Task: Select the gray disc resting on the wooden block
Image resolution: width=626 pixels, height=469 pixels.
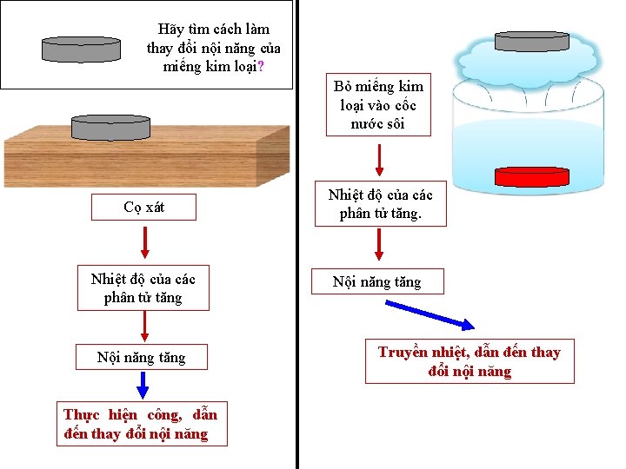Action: coord(110,128)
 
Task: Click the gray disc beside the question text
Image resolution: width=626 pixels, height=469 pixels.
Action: coord(82,50)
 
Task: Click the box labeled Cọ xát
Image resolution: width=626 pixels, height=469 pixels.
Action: coord(144,208)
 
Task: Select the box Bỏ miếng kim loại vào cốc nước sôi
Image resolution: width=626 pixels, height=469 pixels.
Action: coord(378,105)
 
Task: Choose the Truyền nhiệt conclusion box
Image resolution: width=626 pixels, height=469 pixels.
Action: coord(469,361)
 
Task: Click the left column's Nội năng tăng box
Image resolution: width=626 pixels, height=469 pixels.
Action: coord(142,357)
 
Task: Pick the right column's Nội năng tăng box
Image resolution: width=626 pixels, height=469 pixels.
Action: coord(378,281)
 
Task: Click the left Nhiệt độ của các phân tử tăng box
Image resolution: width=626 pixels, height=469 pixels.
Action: coord(143,288)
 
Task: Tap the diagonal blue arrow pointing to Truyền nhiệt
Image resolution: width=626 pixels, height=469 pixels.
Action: coord(430,314)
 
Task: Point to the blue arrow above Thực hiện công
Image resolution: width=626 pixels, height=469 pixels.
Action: coord(143,385)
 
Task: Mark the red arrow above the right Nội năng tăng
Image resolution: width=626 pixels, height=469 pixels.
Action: coord(379,244)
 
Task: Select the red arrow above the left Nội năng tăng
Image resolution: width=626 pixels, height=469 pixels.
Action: coord(144,325)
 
